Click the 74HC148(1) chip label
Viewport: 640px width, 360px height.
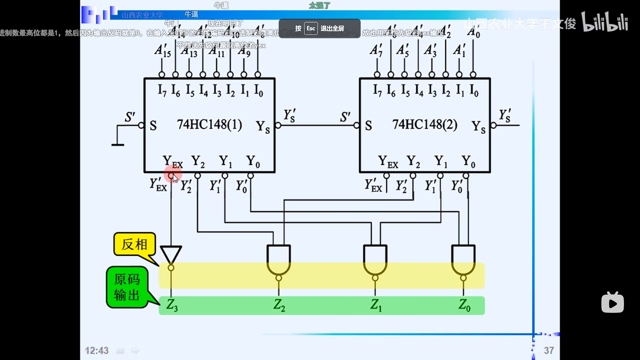(x=209, y=125)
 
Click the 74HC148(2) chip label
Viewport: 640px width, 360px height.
(x=425, y=125)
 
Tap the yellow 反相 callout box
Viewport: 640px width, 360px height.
(x=135, y=244)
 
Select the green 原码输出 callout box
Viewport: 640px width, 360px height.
(x=127, y=287)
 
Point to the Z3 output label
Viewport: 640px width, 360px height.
(x=172, y=305)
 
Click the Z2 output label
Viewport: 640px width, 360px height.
(x=279, y=305)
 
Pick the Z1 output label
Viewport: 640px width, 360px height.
(x=376, y=305)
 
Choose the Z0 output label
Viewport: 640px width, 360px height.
(x=464, y=305)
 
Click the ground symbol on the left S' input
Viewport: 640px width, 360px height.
(x=118, y=144)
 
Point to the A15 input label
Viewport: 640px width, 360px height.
(x=163, y=51)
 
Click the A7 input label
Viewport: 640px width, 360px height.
(x=376, y=51)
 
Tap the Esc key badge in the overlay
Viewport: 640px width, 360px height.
(x=311, y=29)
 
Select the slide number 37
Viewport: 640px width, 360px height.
(x=549, y=350)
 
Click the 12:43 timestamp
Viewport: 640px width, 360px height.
(x=97, y=351)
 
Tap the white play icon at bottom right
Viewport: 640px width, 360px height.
(x=612, y=303)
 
